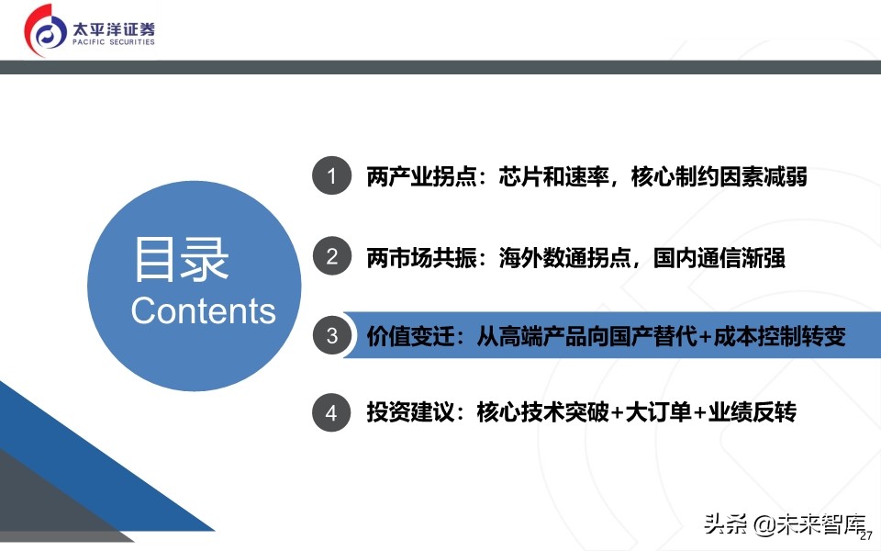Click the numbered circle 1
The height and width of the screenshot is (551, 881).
coord(331,176)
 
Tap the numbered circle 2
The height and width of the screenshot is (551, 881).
coord(331,256)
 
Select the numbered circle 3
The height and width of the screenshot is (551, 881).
coord(331,335)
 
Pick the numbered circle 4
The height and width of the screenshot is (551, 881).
coord(331,413)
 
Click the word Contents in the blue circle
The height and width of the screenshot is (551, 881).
coord(203,310)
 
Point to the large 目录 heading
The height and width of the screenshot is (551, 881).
coord(181,259)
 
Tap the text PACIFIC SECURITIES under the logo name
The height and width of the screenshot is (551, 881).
coord(114,42)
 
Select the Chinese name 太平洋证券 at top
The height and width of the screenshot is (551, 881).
coord(114,26)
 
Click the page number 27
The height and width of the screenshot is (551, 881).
coord(865,536)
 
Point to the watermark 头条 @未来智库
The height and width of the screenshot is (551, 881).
coord(785,524)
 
